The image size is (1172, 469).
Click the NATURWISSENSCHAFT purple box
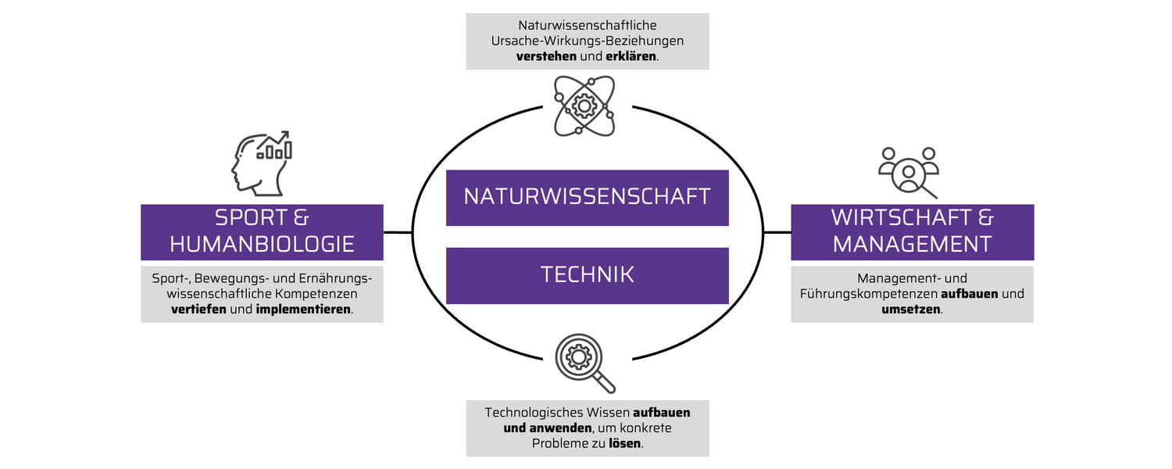587,198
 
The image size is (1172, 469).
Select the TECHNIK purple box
587,276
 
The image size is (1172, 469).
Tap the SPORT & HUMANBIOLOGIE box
262,232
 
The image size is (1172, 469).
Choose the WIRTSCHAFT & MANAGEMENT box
913,232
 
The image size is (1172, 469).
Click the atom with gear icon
584,106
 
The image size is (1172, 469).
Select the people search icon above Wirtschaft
909,173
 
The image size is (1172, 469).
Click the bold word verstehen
546,56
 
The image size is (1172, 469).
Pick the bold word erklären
631,56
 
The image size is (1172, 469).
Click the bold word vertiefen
198,310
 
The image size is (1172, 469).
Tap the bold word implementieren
303,310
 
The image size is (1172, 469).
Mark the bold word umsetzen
911,310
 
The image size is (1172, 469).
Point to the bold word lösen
625,443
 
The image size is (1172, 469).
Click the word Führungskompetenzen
869,294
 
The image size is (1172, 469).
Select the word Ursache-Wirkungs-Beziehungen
587,41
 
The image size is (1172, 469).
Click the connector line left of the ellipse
398,232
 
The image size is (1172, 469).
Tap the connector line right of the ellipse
777,232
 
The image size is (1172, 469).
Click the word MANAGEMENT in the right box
913,245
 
